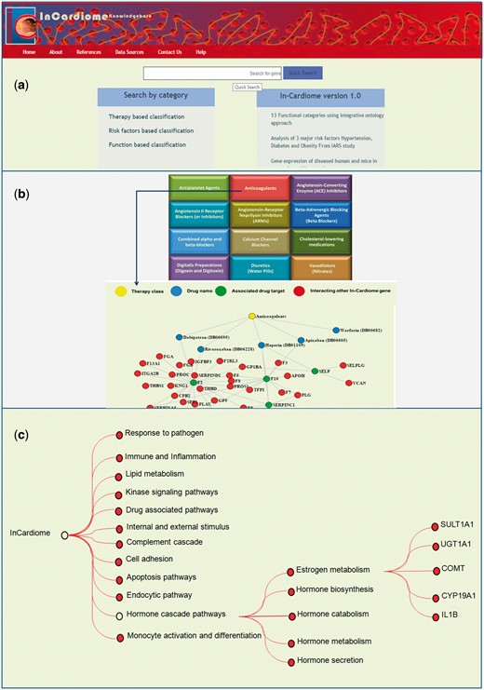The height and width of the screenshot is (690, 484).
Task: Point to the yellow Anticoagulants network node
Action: [252, 316]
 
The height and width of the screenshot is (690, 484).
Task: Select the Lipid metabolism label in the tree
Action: [156, 474]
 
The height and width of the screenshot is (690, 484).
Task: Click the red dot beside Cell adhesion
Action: [119, 560]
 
